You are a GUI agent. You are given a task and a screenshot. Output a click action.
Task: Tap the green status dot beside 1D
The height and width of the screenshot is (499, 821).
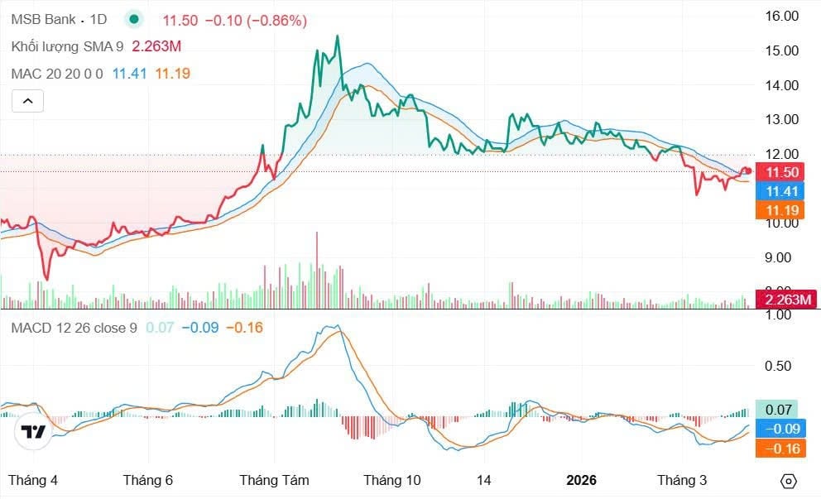[133, 20]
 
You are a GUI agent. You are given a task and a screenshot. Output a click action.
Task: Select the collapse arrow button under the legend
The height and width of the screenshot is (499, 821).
[27, 101]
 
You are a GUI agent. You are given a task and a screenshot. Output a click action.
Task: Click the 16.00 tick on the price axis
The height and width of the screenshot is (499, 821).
[781, 16]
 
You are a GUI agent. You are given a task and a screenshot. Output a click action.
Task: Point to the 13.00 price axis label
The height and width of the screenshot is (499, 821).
[781, 119]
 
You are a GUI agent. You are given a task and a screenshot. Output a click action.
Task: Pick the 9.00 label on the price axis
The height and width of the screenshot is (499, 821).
[781, 257]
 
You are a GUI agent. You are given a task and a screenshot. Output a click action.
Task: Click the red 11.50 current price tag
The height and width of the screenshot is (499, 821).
[782, 172]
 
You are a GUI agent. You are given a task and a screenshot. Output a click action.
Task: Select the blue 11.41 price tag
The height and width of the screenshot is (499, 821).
[782, 191]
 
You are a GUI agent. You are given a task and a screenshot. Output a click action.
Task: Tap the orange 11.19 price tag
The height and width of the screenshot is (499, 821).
[782, 210]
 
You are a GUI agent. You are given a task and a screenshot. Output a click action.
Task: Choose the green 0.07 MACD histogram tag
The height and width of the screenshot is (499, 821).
[780, 409]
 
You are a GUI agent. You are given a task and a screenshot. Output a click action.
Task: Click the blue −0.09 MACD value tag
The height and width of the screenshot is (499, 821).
[780, 429]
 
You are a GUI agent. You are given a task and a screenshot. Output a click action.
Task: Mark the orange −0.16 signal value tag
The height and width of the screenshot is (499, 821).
[780, 449]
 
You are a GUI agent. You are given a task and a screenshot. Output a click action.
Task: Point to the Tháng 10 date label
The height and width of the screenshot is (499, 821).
[392, 480]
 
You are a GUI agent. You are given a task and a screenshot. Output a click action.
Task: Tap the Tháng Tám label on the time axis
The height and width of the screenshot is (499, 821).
[274, 480]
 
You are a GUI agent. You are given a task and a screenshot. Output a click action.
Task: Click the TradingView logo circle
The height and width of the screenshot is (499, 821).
[34, 431]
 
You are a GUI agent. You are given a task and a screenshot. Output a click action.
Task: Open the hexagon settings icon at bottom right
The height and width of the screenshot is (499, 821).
[789, 481]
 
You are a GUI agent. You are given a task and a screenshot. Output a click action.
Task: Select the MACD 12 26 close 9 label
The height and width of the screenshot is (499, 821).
[74, 328]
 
